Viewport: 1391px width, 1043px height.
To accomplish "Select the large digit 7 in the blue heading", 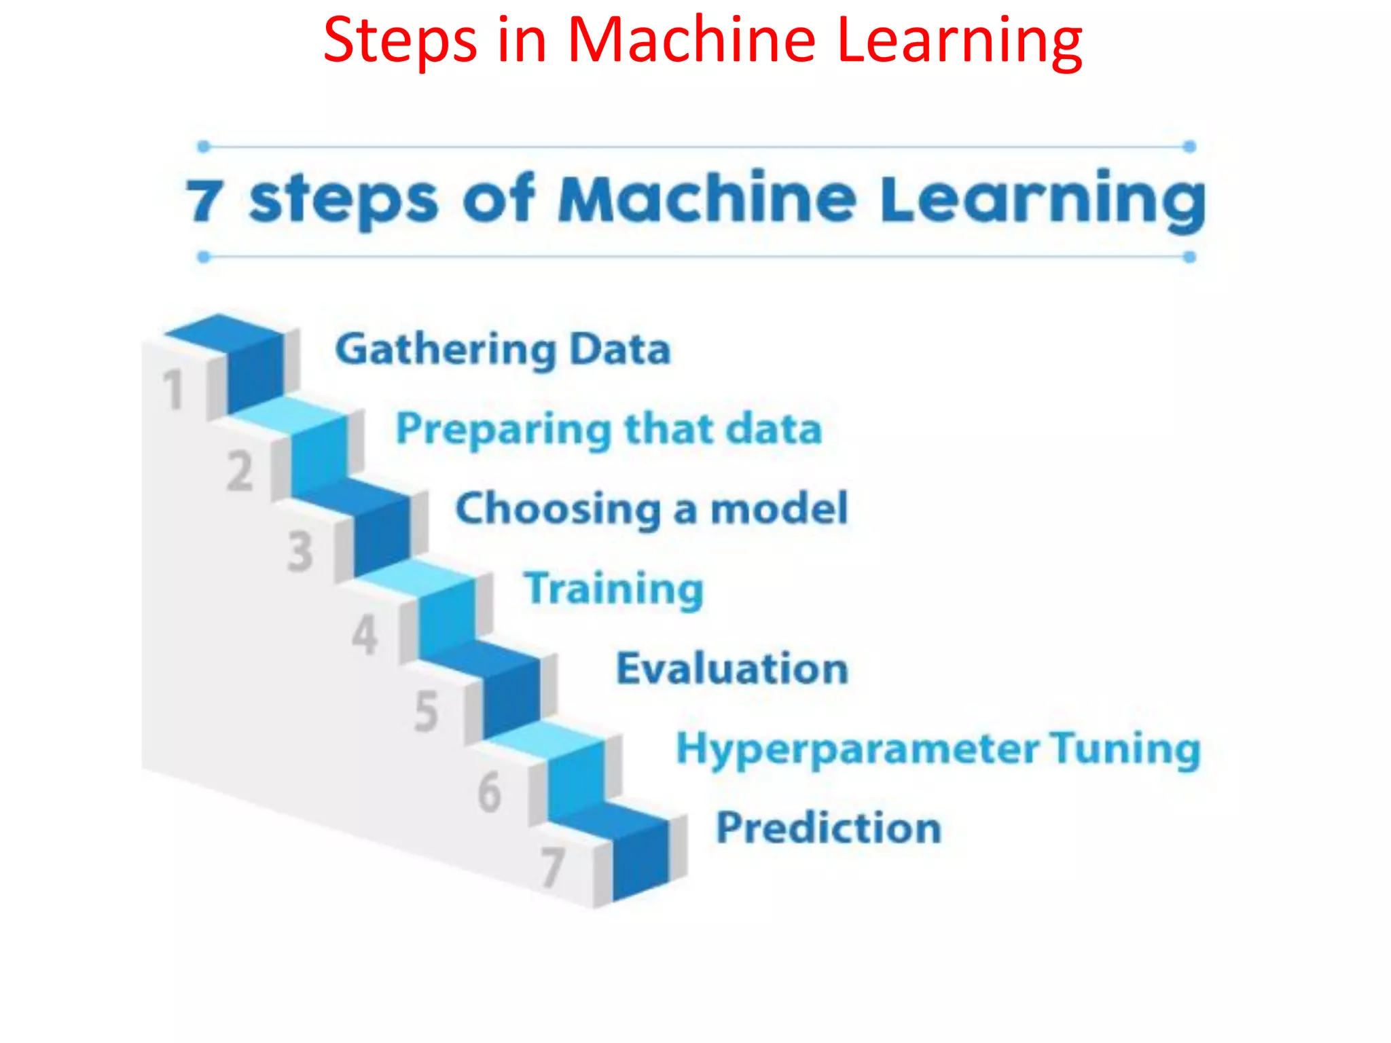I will coord(204,201).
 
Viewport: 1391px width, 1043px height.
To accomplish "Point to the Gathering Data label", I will coord(503,350).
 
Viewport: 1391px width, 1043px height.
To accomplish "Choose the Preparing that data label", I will coord(609,430).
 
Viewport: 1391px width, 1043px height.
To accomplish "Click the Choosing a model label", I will coord(651,509).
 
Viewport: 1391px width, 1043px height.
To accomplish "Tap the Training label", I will coord(613,589).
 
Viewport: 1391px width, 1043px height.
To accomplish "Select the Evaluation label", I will coord(732,669).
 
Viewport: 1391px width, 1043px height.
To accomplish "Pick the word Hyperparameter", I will coord(857,749).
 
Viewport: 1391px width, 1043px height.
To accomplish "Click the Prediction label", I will coord(829,828).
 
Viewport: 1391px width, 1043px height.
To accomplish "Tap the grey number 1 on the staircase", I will coord(173,390).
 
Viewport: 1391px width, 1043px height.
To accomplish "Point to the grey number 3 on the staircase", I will coord(300,551).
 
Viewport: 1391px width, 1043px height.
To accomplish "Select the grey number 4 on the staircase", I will coord(365,635).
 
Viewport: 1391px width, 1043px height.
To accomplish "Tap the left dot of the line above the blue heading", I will coord(203,147).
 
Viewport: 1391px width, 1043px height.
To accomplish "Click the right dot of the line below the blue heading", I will coord(1189,257).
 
